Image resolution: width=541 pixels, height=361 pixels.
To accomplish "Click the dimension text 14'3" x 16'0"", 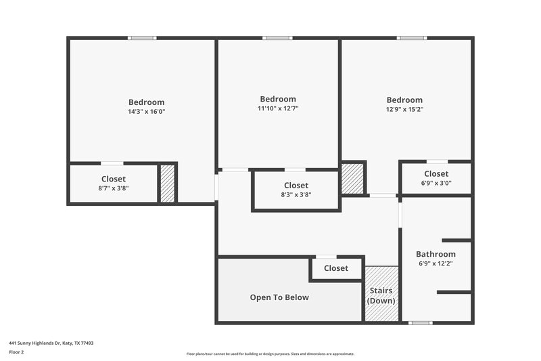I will [x=146, y=112].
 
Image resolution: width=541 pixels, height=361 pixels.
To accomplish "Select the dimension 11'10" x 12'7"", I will [x=278, y=108].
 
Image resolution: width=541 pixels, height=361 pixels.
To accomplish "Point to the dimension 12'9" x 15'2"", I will [x=404, y=109].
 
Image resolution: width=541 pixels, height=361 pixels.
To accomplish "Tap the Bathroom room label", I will [x=436, y=254].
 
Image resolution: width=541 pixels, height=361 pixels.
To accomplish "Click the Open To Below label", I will [x=279, y=297].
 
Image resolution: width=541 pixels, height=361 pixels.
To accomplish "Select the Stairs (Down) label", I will [x=381, y=296].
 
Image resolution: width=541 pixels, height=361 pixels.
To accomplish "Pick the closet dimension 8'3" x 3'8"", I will [x=296, y=194].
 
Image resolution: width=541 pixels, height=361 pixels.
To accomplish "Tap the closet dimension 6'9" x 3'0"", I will [x=436, y=183].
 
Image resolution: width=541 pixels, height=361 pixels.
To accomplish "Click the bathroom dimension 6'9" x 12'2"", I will [x=436, y=263].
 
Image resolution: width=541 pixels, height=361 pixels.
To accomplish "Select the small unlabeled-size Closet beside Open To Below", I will [x=336, y=268].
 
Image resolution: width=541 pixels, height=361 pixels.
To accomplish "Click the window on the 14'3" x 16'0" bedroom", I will [x=142, y=38].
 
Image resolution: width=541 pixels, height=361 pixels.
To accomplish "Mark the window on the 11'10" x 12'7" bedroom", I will [x=277, y=38].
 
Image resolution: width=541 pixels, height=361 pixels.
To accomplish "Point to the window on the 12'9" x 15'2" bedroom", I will [x=411, y=38].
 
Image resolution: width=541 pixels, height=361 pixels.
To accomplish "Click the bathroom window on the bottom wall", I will [x=421, y=323].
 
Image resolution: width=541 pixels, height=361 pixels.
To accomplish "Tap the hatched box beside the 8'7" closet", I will [x=167, y=184].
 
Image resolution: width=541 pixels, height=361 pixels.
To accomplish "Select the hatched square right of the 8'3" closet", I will [x=352, y=178].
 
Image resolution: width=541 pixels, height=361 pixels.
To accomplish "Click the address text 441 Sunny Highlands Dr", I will [x=51, y=343].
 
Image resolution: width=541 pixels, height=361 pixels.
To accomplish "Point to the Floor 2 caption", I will [x=16, y=352].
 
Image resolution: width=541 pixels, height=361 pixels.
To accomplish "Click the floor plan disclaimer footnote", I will [x=270, y=354].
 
